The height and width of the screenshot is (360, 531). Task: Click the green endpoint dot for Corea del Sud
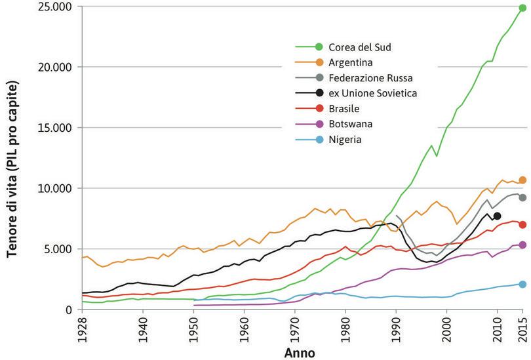point(522,9)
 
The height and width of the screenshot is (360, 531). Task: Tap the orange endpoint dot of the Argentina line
point(522,180)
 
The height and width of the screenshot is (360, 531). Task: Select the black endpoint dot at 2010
point(497,216)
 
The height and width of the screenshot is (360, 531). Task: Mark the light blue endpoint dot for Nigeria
point(522,284)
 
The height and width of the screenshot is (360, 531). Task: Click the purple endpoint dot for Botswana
point(522,245)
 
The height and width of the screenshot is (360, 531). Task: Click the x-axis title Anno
point(300,353)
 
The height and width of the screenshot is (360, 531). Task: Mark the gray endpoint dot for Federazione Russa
point(522,197)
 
